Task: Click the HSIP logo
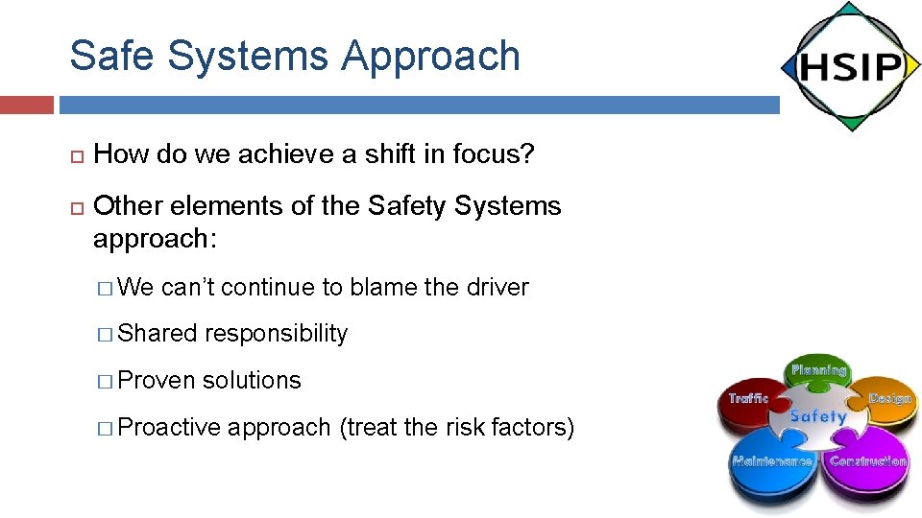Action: click(x=850, y=67)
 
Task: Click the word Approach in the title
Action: click(x=430, y=56)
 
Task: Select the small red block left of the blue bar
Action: click(x=26, y=105)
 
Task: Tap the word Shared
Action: click(x=157, y=334)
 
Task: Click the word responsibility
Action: click(x=276, y=334)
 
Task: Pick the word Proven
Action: click(x=157, y=381)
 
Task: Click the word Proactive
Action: click(x=169, y=427)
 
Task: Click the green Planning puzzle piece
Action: click(x=818, y=375)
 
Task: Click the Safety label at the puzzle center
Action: click(x=817, y=416)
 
